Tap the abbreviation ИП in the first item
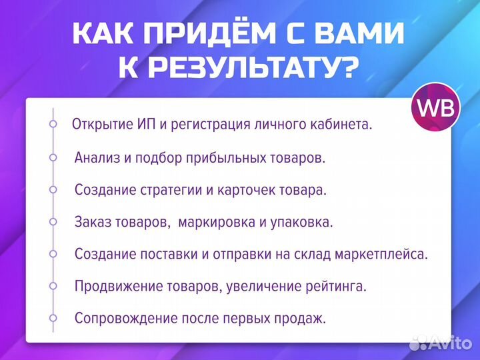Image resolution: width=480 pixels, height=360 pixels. tap(139, 125)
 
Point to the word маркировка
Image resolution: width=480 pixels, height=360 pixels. tap(212, 222)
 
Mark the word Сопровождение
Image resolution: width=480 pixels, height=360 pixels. tap(121, 318)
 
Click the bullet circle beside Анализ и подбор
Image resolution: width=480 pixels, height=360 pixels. tap(53, 157)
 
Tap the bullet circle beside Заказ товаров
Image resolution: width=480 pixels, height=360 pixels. tap(53, 221)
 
